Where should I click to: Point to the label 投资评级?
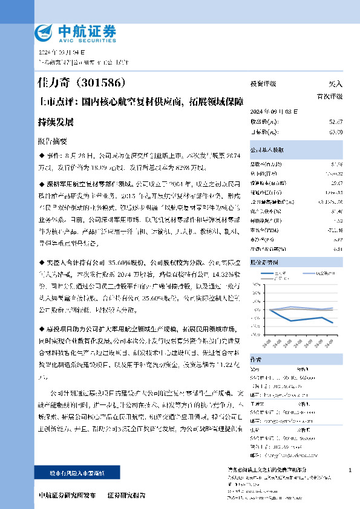coord(263,84)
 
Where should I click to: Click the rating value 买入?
coord(335,84)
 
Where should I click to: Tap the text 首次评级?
coord(330,96)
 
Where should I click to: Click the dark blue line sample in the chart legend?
coord(267,273)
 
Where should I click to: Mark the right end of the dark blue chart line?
coord(332,323)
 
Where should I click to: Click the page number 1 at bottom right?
coord(350,470)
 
